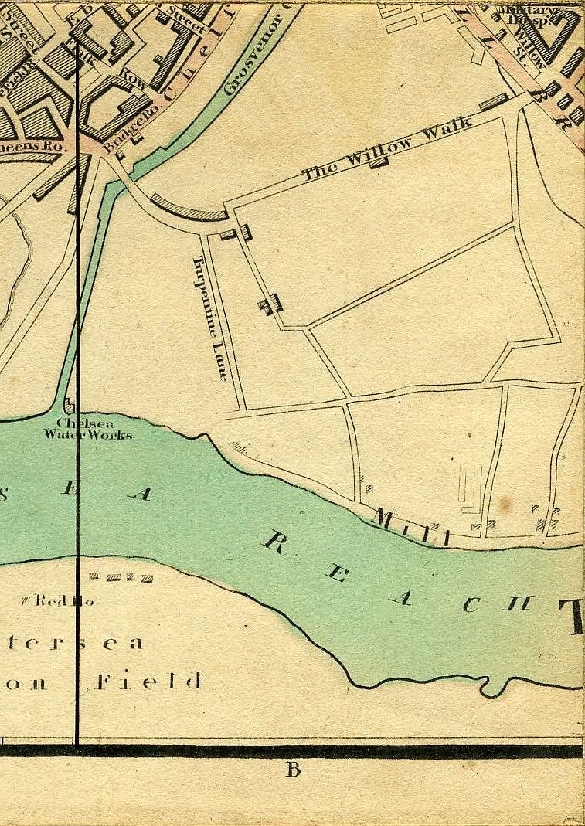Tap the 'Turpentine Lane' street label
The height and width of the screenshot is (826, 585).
[x=211, y=318]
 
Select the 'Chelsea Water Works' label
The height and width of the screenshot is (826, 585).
[x=87, y=429]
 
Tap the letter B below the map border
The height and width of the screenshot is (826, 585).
[x=293, y=770]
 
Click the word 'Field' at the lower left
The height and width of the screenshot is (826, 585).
[x=149, y=682]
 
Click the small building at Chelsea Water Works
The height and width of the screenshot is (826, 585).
[x=70, y=405]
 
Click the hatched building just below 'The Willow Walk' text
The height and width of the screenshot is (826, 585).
[x=378, y=162]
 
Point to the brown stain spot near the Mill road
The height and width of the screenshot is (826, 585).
[x=505, y=505]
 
